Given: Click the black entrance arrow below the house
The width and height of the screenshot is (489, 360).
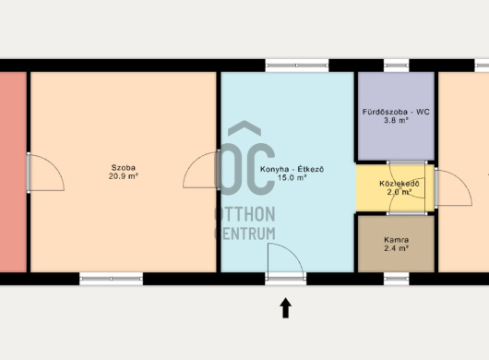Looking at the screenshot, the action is (286, 308).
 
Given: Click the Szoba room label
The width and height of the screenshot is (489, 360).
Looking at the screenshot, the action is (124, 167).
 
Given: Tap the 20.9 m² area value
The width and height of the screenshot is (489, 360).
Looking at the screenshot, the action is (124, 176).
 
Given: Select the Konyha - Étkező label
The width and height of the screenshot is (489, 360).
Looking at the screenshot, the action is (292, 170).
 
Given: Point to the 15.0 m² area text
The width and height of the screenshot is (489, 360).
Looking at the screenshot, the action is (292, 178).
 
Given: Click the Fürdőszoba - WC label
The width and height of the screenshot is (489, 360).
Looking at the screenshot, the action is (396, 112).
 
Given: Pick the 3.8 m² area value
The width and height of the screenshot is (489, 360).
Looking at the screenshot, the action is (396, 120).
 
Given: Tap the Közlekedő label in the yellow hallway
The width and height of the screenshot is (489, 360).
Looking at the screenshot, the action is (400, 184).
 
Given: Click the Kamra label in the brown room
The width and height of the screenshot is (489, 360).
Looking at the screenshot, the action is (397, 240).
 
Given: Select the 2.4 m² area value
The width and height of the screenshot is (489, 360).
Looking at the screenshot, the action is (397, 248).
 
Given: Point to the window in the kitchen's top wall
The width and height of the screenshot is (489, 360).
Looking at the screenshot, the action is (297, 66).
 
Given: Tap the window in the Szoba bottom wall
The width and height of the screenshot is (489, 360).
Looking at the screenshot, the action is (111, 279).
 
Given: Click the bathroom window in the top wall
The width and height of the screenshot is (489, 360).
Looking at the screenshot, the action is (396, 66).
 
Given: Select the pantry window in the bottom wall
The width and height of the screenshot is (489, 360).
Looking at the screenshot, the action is (396, 279).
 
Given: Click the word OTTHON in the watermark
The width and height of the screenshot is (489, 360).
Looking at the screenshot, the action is (245, 214).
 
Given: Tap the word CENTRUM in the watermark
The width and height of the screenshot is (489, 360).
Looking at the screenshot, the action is (245, 234).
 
